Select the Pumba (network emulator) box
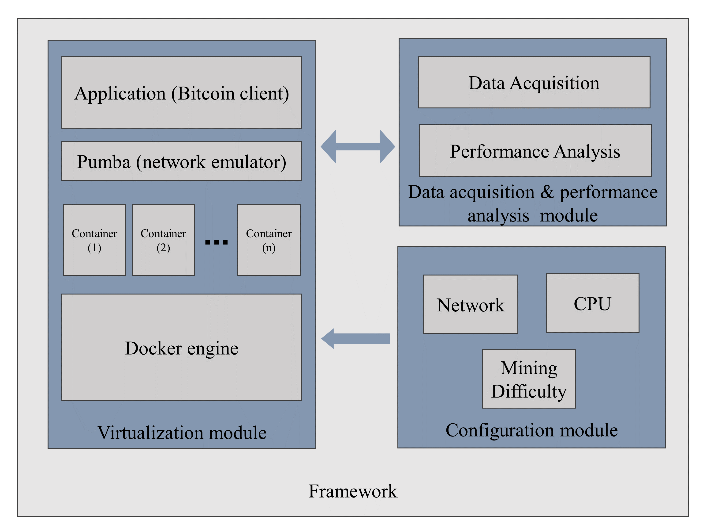coord(181,161)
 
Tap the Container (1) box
coord(94,240)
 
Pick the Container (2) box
coord(163,240)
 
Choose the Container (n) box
coord(269,240)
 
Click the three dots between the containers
coord(217,242)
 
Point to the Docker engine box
coord(181,347)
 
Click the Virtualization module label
coord(182,432)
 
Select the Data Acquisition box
coord(534,82)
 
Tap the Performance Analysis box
coord(535,151)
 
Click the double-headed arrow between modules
coord(358,147)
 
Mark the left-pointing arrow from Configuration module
coord(355,339)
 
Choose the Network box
coord(470,305)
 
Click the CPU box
coord(592,303)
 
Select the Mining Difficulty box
coord(529,379)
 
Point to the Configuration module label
coord(532,430)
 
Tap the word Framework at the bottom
coord(353,491)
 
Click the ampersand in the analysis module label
coord(547,192)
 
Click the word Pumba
coord(104,162)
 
